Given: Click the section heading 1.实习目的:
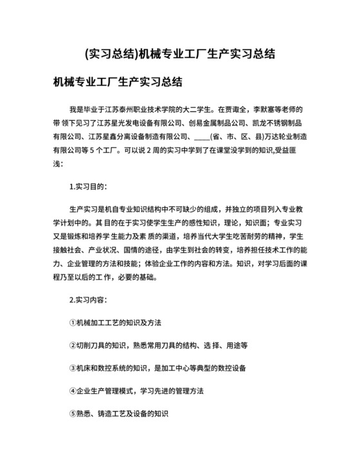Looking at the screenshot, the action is (x=88, y=186).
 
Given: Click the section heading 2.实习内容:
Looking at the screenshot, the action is (x=88, y=300).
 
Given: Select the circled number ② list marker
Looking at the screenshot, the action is (x=72, y=345).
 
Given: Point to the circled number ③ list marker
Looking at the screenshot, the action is (x=72, y=368).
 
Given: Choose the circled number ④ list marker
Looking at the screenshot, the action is (x=72, y=391).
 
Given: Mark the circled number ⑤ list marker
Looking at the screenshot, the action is (x=72, y=414).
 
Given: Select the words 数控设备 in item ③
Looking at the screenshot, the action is (x=231, y=368).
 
